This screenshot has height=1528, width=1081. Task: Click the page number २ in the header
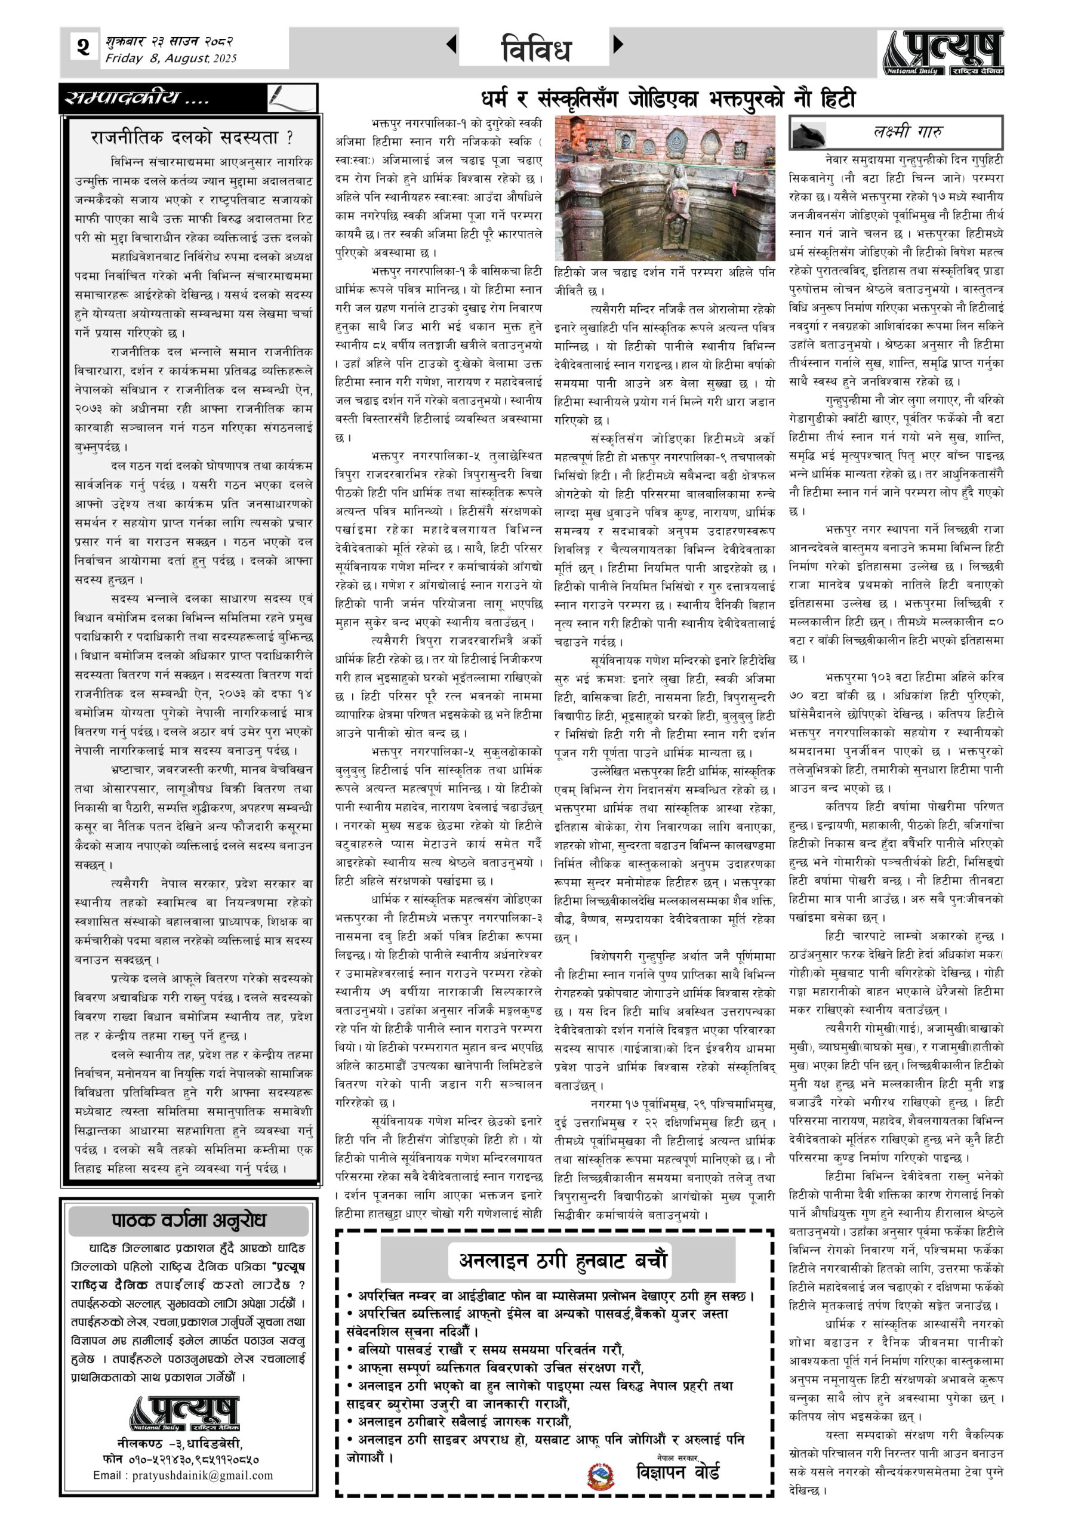pyautogui.click(x=82, y=48)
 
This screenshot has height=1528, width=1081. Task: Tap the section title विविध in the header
pyautogui.click(x=535, y=48)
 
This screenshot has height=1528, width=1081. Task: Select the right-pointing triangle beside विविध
pyautogui.click(x=618, y=45)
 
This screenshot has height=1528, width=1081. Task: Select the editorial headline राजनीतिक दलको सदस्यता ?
pyautogui.click(x=192, y=138)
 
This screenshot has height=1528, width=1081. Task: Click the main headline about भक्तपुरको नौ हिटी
pyautogui.click(x=667, y=99)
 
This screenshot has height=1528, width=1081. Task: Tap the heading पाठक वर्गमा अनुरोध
pyautogui.click(x=189, y=1220)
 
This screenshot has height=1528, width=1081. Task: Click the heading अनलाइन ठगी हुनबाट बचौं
pyautogui.click(x=562, y=1260)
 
